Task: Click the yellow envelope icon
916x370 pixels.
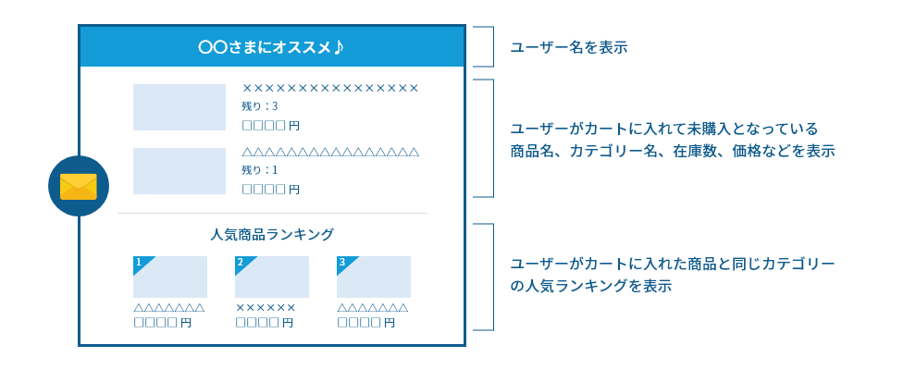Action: pos(79,186)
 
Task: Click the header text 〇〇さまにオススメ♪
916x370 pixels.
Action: pos(272,46)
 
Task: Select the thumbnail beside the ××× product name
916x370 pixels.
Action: pos(179,107)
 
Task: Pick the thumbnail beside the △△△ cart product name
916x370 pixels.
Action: pos(179,171)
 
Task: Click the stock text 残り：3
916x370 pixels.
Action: pos(260,106)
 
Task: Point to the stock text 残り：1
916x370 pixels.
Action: pos(260,170)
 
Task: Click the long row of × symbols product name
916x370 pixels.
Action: pos(330,88)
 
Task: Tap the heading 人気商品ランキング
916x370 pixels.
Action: pos(272,235)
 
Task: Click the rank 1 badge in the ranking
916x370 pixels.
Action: pos(141,264)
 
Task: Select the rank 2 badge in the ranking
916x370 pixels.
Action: pos(242,264)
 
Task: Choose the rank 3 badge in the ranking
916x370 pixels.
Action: pos(344,264)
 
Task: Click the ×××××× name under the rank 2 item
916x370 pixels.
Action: pos(266,307)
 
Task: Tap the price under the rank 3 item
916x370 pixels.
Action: pos(365,323)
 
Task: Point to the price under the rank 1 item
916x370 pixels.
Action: pos(163,323)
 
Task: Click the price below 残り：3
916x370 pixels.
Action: pos(270,126)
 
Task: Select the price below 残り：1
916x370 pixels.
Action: pos(270,189)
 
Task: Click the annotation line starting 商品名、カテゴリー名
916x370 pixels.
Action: pos(673,152)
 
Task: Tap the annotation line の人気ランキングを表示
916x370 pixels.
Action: pos(591,287)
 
